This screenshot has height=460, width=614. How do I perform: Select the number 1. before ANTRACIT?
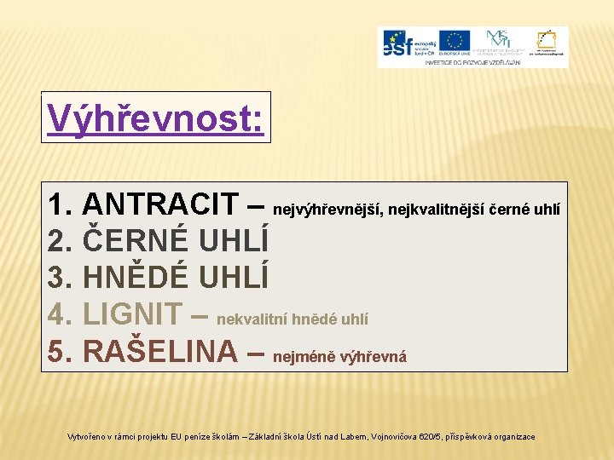(60, 205)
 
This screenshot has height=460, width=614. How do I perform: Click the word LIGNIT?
(133, 314)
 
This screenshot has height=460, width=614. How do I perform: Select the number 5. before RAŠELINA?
(60, 351)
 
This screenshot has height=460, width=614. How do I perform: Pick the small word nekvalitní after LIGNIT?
(252, 319)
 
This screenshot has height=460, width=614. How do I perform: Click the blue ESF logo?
(409, 43)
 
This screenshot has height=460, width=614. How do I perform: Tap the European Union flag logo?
(455, 41)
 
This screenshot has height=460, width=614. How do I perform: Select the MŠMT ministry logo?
(498, 41)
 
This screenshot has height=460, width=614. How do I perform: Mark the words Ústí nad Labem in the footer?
(333, 437)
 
